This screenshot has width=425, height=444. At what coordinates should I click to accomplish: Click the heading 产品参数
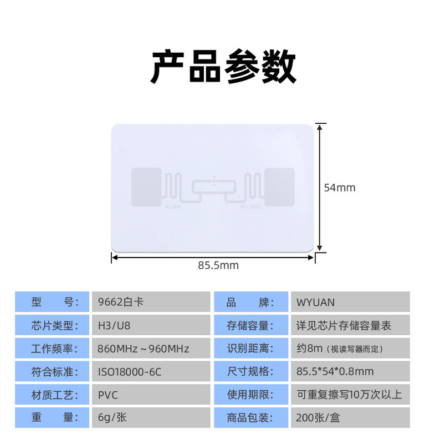click(x=223, y=67)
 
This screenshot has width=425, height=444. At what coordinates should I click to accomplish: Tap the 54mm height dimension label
click(x=339, y=188)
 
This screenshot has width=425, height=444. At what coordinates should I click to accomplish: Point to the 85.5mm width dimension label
click(x=218, y=265)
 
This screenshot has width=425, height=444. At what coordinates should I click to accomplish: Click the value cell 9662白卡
click(x=150, y=302)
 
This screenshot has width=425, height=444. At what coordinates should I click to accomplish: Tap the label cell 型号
click(x=52, y=302)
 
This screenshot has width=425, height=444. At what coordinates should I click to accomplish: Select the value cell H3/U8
click(x=150, y=325)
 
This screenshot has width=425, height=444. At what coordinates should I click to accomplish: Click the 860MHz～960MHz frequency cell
click(x=150, y=349)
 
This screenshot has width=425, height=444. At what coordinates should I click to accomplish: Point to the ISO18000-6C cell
click(x=150, y=372)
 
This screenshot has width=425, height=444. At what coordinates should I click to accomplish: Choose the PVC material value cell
click(x=150, y=395)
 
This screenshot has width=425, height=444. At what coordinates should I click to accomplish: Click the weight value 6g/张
click(x=150, y=417)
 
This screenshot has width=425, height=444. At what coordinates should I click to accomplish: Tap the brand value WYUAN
click(x=350, y=302)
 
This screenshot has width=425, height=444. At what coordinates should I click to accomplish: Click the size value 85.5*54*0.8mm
click(x=350, y=372)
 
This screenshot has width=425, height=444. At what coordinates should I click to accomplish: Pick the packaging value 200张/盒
click(x=350, y=417)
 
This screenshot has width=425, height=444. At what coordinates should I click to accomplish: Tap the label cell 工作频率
click(x=52, y=349)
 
